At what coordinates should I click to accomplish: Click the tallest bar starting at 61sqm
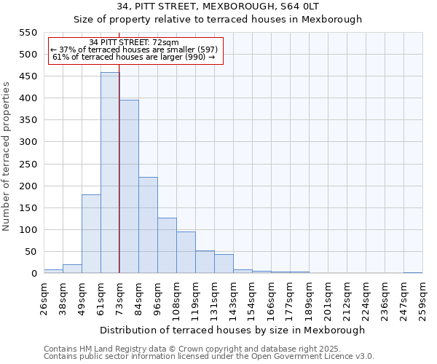110,173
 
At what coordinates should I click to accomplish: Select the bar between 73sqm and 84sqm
129,187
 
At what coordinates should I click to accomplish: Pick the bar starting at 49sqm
91,234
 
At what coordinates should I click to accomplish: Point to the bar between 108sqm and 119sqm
186,253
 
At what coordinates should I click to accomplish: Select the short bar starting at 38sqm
72,269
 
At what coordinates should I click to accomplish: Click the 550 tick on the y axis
28,33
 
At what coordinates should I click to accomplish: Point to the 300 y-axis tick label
28,142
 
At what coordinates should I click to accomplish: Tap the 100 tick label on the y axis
28,230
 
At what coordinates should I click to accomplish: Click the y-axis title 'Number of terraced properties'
7,157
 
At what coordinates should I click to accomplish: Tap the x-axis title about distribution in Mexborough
232,330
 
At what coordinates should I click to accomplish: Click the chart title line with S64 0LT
219,6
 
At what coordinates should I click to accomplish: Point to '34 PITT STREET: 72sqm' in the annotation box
134,43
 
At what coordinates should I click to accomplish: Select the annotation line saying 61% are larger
134,58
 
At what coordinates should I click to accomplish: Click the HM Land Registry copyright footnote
192,349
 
